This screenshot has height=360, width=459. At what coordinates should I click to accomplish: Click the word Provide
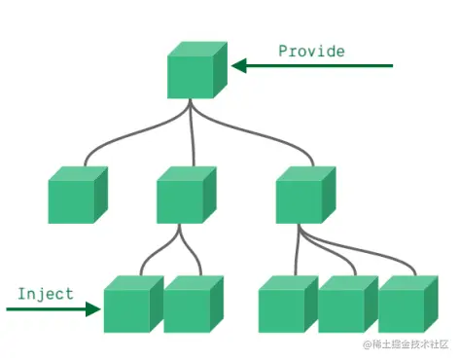point(311,51)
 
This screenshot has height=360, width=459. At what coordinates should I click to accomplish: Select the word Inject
point(46,293)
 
